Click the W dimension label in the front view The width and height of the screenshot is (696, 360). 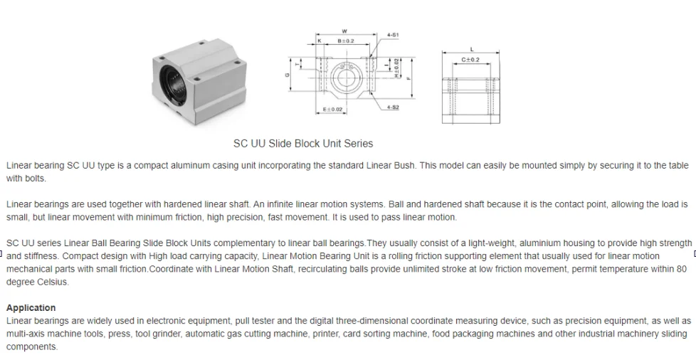click(x=344, y=31)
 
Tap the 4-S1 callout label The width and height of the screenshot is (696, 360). click(x=393, y=35)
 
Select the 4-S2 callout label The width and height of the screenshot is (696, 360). click(x=393, y=107)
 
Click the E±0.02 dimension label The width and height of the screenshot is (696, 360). click(x=332, y=110)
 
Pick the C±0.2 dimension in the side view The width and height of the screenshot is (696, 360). click(x=470, y=60)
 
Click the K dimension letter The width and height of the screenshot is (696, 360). click(x=320, y=41)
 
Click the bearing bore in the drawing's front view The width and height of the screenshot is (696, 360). click(x=345, y=74)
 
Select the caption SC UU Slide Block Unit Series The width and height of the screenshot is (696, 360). click(x=303, y=143)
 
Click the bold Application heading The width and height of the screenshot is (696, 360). click(x=31, y=308)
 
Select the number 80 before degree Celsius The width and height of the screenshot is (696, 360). click(x=681, y=269)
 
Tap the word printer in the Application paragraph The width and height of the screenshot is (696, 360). click(x=327, y=334)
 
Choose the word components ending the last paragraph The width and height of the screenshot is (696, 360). click(x=31, y=346)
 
